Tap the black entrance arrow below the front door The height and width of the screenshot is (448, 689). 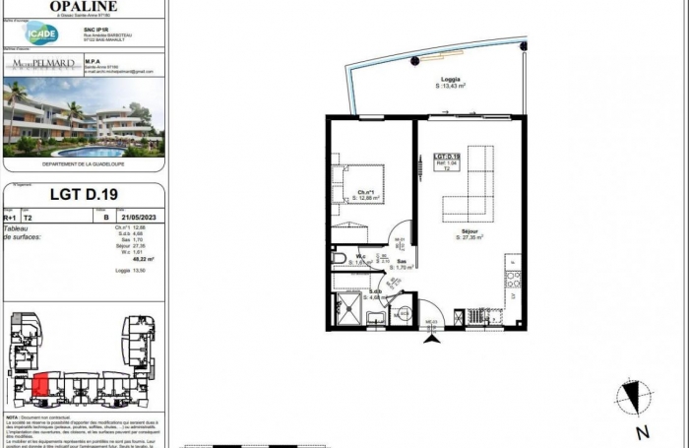tap(430, 339)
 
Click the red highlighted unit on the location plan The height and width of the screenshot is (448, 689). tap(41, 386)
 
